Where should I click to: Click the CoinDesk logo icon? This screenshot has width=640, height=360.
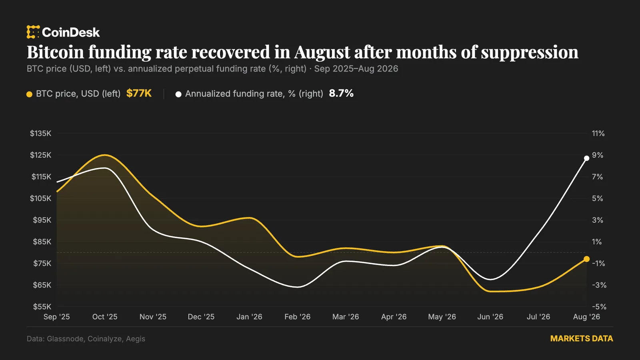pyautogui.click(x=33, y=32)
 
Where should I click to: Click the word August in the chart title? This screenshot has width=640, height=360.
pyautogui.click(x=322, y=52)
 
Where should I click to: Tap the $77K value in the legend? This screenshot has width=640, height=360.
pyautogui.click(x=139, y=94)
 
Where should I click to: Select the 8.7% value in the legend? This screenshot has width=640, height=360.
pyautogui.click(x=341, y=94)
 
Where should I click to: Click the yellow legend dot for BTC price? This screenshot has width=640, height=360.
pyautogui.click(x=30, y=94)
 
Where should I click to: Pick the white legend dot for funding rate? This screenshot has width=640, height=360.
pyautogui.click(x=178, y=94)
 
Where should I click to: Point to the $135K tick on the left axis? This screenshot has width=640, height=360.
pyautogui.click(x=40, y=134)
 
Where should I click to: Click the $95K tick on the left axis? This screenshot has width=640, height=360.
pyautogui.click(x=42, y=220)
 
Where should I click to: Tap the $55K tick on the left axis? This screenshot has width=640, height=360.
pyautogui.click(x=42, y=306)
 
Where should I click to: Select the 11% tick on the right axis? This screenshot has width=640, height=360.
pyautogui.click(x=598, y=134)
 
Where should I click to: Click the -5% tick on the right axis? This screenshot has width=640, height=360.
pyautogui.click(x=599, y=306)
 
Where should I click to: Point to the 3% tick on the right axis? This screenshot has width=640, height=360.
pyautogui.click(x=598, y=220)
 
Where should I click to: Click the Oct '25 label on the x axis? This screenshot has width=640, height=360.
pyautogui.click(x=105, y=316)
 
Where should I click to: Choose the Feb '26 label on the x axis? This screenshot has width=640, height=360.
pyautogui.click(x=298, y=316)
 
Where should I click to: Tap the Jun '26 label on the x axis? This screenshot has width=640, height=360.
pyautogui.click(x=490, y=316)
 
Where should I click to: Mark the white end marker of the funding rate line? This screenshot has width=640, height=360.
pyautogui.click(x=586, y=158)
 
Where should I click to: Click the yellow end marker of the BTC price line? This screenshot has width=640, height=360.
pyautogui.click(x=586, y=259)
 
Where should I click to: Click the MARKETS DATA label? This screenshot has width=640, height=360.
pyautogui.click(x=582, y=338)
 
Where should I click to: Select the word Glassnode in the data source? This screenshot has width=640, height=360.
pyautogui.click(x=65, y=338)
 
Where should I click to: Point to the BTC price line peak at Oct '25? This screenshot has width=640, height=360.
pyautogui.click(x=105, y=155)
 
